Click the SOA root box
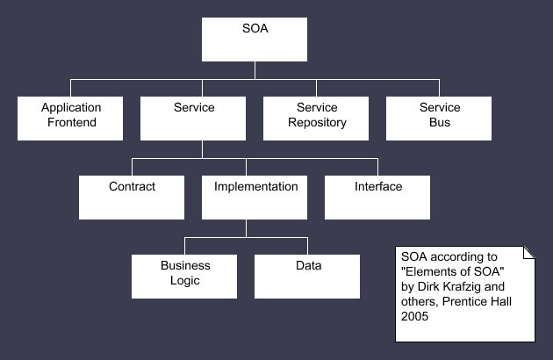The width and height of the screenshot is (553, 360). [x=255, y=40]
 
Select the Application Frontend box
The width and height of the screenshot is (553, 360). [x=70, y=119]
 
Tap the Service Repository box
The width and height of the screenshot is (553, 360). [x=316, y=119]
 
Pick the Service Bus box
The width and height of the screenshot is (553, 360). [x=439, y=119]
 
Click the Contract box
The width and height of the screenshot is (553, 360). [x=132, y=198]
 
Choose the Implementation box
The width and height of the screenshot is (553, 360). [x=255, y=198]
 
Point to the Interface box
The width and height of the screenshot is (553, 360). [x=377, y=198]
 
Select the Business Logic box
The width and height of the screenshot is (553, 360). [x=184, y=277]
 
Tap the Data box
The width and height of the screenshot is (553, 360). [x=307, y=277]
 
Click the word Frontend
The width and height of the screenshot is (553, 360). [x=72, y=122]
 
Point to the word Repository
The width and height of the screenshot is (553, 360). [x=317, y=122]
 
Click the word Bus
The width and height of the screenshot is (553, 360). [x=440, y=122]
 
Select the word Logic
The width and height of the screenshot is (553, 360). [x=185, y=281]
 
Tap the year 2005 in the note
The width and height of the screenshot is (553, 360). [x=414, y=316]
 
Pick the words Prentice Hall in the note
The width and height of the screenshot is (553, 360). [x=477, y=301]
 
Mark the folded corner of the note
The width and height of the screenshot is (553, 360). [x=529, y=253]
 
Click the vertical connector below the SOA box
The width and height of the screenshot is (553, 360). [x=255, y=70]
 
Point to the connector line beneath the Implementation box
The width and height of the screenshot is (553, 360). [x=246, y=228]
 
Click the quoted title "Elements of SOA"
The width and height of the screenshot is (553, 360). [x=452, y=272]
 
